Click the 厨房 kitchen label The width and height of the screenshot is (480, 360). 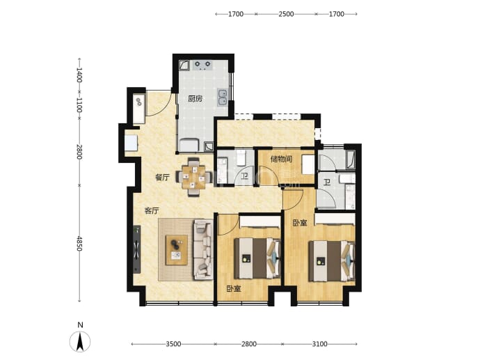click(x=195, y=99)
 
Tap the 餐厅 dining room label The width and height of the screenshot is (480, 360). click(x=162, y=177)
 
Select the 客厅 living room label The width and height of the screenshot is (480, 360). click(x=152, y=211)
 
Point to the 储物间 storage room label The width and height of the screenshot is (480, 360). click(x=281, y=159)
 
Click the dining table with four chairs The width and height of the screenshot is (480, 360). click(x=193, y=177)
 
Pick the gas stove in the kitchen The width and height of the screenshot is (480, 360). click(x=202, y=65)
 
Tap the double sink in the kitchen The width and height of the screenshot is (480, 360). click(x=222, y=97)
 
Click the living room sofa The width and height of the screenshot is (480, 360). click(x=203, y=249)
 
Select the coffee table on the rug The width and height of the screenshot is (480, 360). click(x=177, y=250)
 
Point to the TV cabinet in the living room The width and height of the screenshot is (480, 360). click(x=137, y=249)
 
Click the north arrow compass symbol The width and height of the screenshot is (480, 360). click(x=80, y=341)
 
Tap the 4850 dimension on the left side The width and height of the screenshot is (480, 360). click(x=79, y=244)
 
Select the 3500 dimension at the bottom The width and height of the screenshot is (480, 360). click(x=173, y=344)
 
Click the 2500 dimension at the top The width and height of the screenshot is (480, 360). click(x=286, y=14)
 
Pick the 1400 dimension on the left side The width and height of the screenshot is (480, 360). click(x=79, y=75)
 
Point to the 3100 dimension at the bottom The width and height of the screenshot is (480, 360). click(x=319, y=344)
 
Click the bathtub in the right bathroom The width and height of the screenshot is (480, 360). click(x=350, y=159)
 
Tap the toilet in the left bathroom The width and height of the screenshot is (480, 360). click(x=241, y=157)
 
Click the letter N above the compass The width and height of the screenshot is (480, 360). click(x=80, y=325)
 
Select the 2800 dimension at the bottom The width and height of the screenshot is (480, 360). click(x=249, y=344)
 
